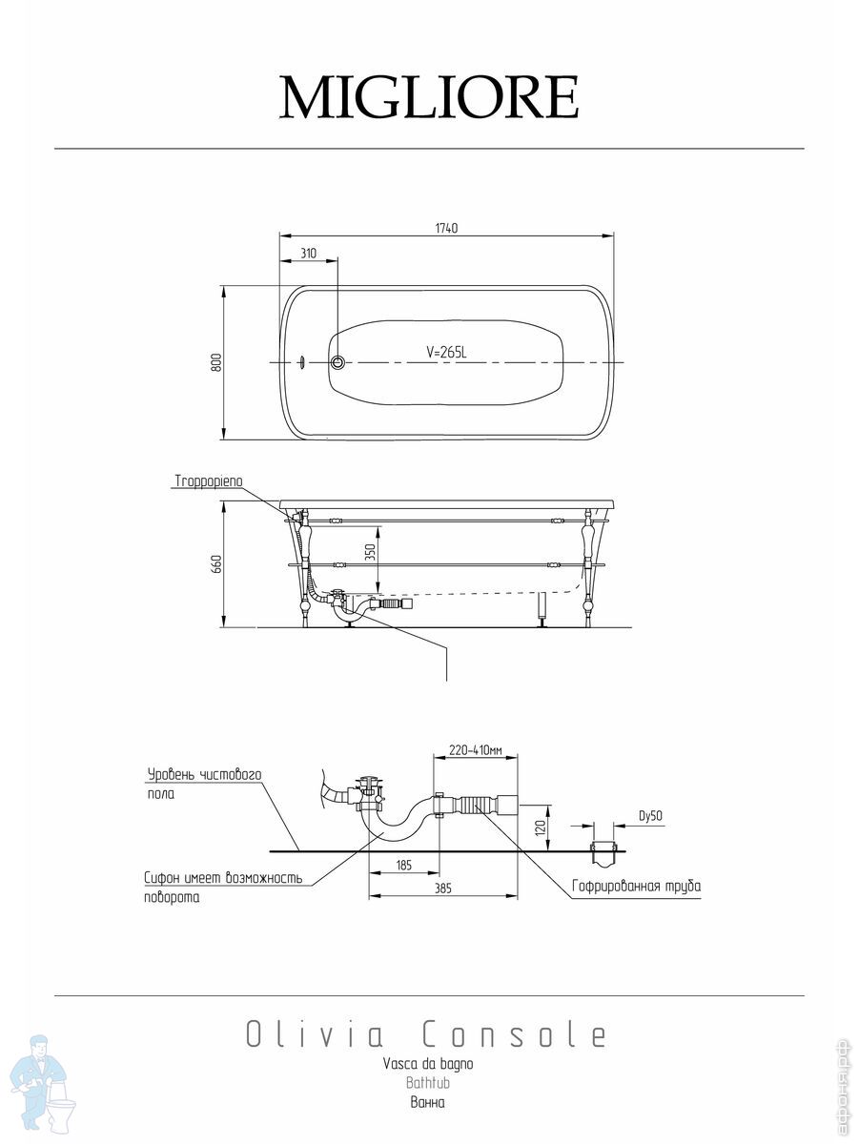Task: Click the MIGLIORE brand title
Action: (x=429, y=97)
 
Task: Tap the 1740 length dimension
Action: (x=446, y=228)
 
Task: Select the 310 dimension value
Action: (x=308, y=254)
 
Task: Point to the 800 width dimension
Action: (x=216, y=362)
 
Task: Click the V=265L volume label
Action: (x=446, y=353)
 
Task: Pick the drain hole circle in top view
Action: (x=337, y=362)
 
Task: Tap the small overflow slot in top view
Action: (x=301, y=362)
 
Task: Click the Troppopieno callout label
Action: (x=209, y=480)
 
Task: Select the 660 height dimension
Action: (x=216, y=564)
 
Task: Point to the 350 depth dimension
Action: (x=370, y=552)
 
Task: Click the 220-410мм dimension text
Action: (x=476, y=750)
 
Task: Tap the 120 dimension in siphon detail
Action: (x=540, y=827)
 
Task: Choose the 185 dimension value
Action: (x=403, y=866)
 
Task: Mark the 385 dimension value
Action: (x=442, y=889)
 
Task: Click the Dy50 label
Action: (x=651, y=816)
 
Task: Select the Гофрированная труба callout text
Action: (x=637, y=886)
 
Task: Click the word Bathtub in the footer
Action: (x=428, y=1082)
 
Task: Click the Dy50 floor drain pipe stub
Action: (x=603, y=854)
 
